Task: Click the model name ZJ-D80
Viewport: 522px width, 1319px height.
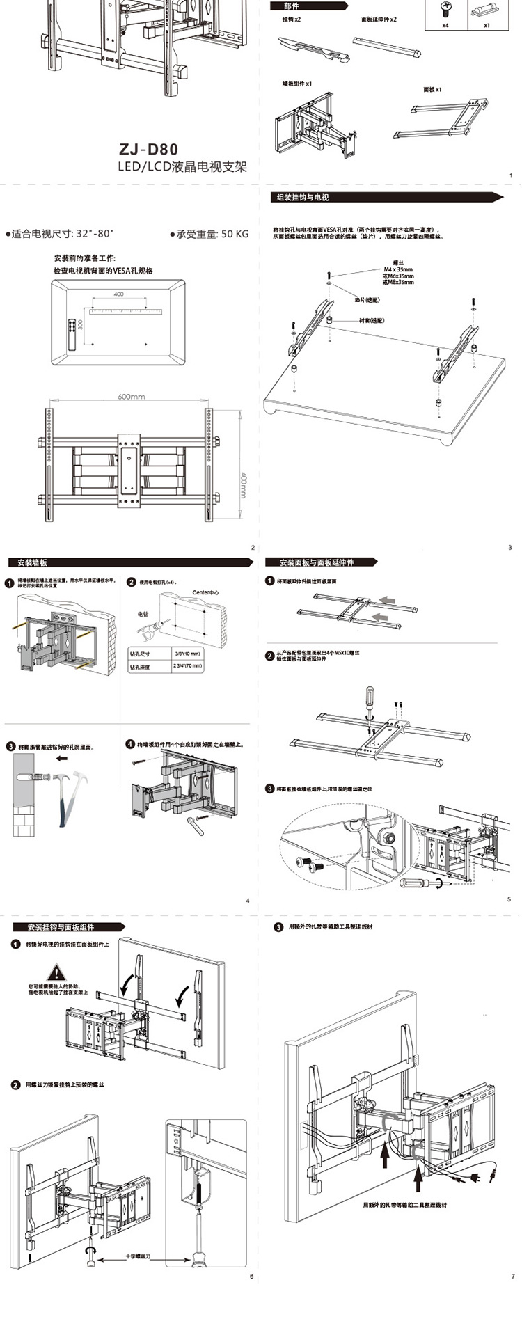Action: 148,149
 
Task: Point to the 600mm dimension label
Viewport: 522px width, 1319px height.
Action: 131,397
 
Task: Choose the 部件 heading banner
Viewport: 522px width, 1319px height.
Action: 292,6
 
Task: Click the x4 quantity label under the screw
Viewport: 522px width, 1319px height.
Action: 445,24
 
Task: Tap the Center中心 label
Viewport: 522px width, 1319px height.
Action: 205,592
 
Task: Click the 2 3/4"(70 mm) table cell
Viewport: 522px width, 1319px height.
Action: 187,666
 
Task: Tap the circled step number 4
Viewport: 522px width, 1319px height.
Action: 129,743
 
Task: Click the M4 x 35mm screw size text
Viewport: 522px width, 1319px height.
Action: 397,269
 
